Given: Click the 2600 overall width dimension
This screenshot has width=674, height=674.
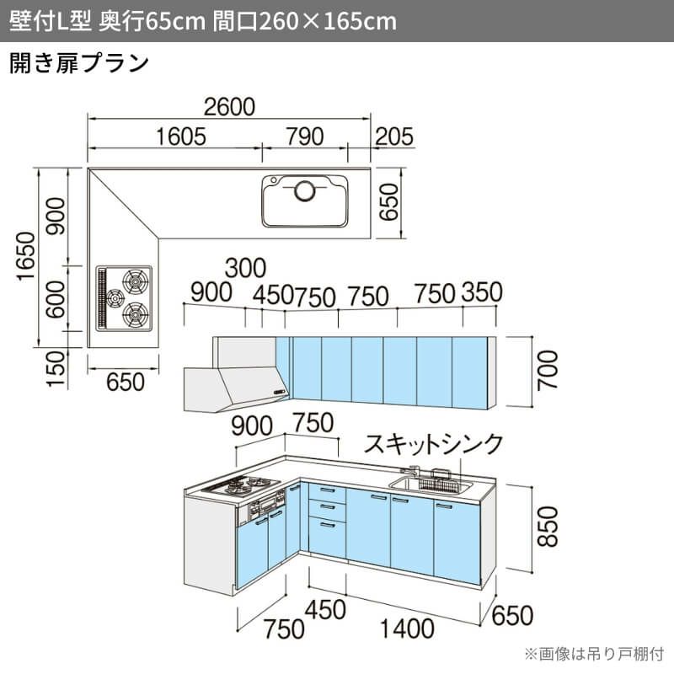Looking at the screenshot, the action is (x=229, y=107).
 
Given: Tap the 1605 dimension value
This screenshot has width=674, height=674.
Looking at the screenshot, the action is (x=180, y=136).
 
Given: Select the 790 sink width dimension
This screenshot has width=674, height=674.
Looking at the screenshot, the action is (x=305, y=136).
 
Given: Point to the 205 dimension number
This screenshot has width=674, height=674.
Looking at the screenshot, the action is (x=394, y=136).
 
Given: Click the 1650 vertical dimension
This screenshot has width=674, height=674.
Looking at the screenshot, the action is (x=26, y=256).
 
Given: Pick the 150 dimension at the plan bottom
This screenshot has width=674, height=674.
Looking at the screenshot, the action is (x=56, y=369).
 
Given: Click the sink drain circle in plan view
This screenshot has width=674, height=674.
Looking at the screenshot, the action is (x=305, y=190).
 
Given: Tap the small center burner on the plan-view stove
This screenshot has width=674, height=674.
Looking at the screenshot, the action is (x=115, y=298).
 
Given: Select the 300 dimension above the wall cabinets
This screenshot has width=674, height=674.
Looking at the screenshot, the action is (x=245, y=268).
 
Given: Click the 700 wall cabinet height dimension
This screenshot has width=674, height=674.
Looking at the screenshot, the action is (x=548, y=370).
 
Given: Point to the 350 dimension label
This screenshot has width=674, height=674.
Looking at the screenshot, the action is (x=482, y=292).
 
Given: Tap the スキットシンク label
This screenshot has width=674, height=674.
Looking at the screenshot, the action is (x=433, y=444).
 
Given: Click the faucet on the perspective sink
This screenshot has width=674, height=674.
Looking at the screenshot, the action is (x=412, y=471).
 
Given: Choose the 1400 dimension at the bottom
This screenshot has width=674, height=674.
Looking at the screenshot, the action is (x=407, y=629).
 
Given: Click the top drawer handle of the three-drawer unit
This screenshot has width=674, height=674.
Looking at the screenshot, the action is (x=328, y=490).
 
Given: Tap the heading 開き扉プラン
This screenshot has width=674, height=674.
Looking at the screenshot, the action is (x=79, y=64).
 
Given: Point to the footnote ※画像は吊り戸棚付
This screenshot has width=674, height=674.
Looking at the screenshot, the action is (x=595, y=654).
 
